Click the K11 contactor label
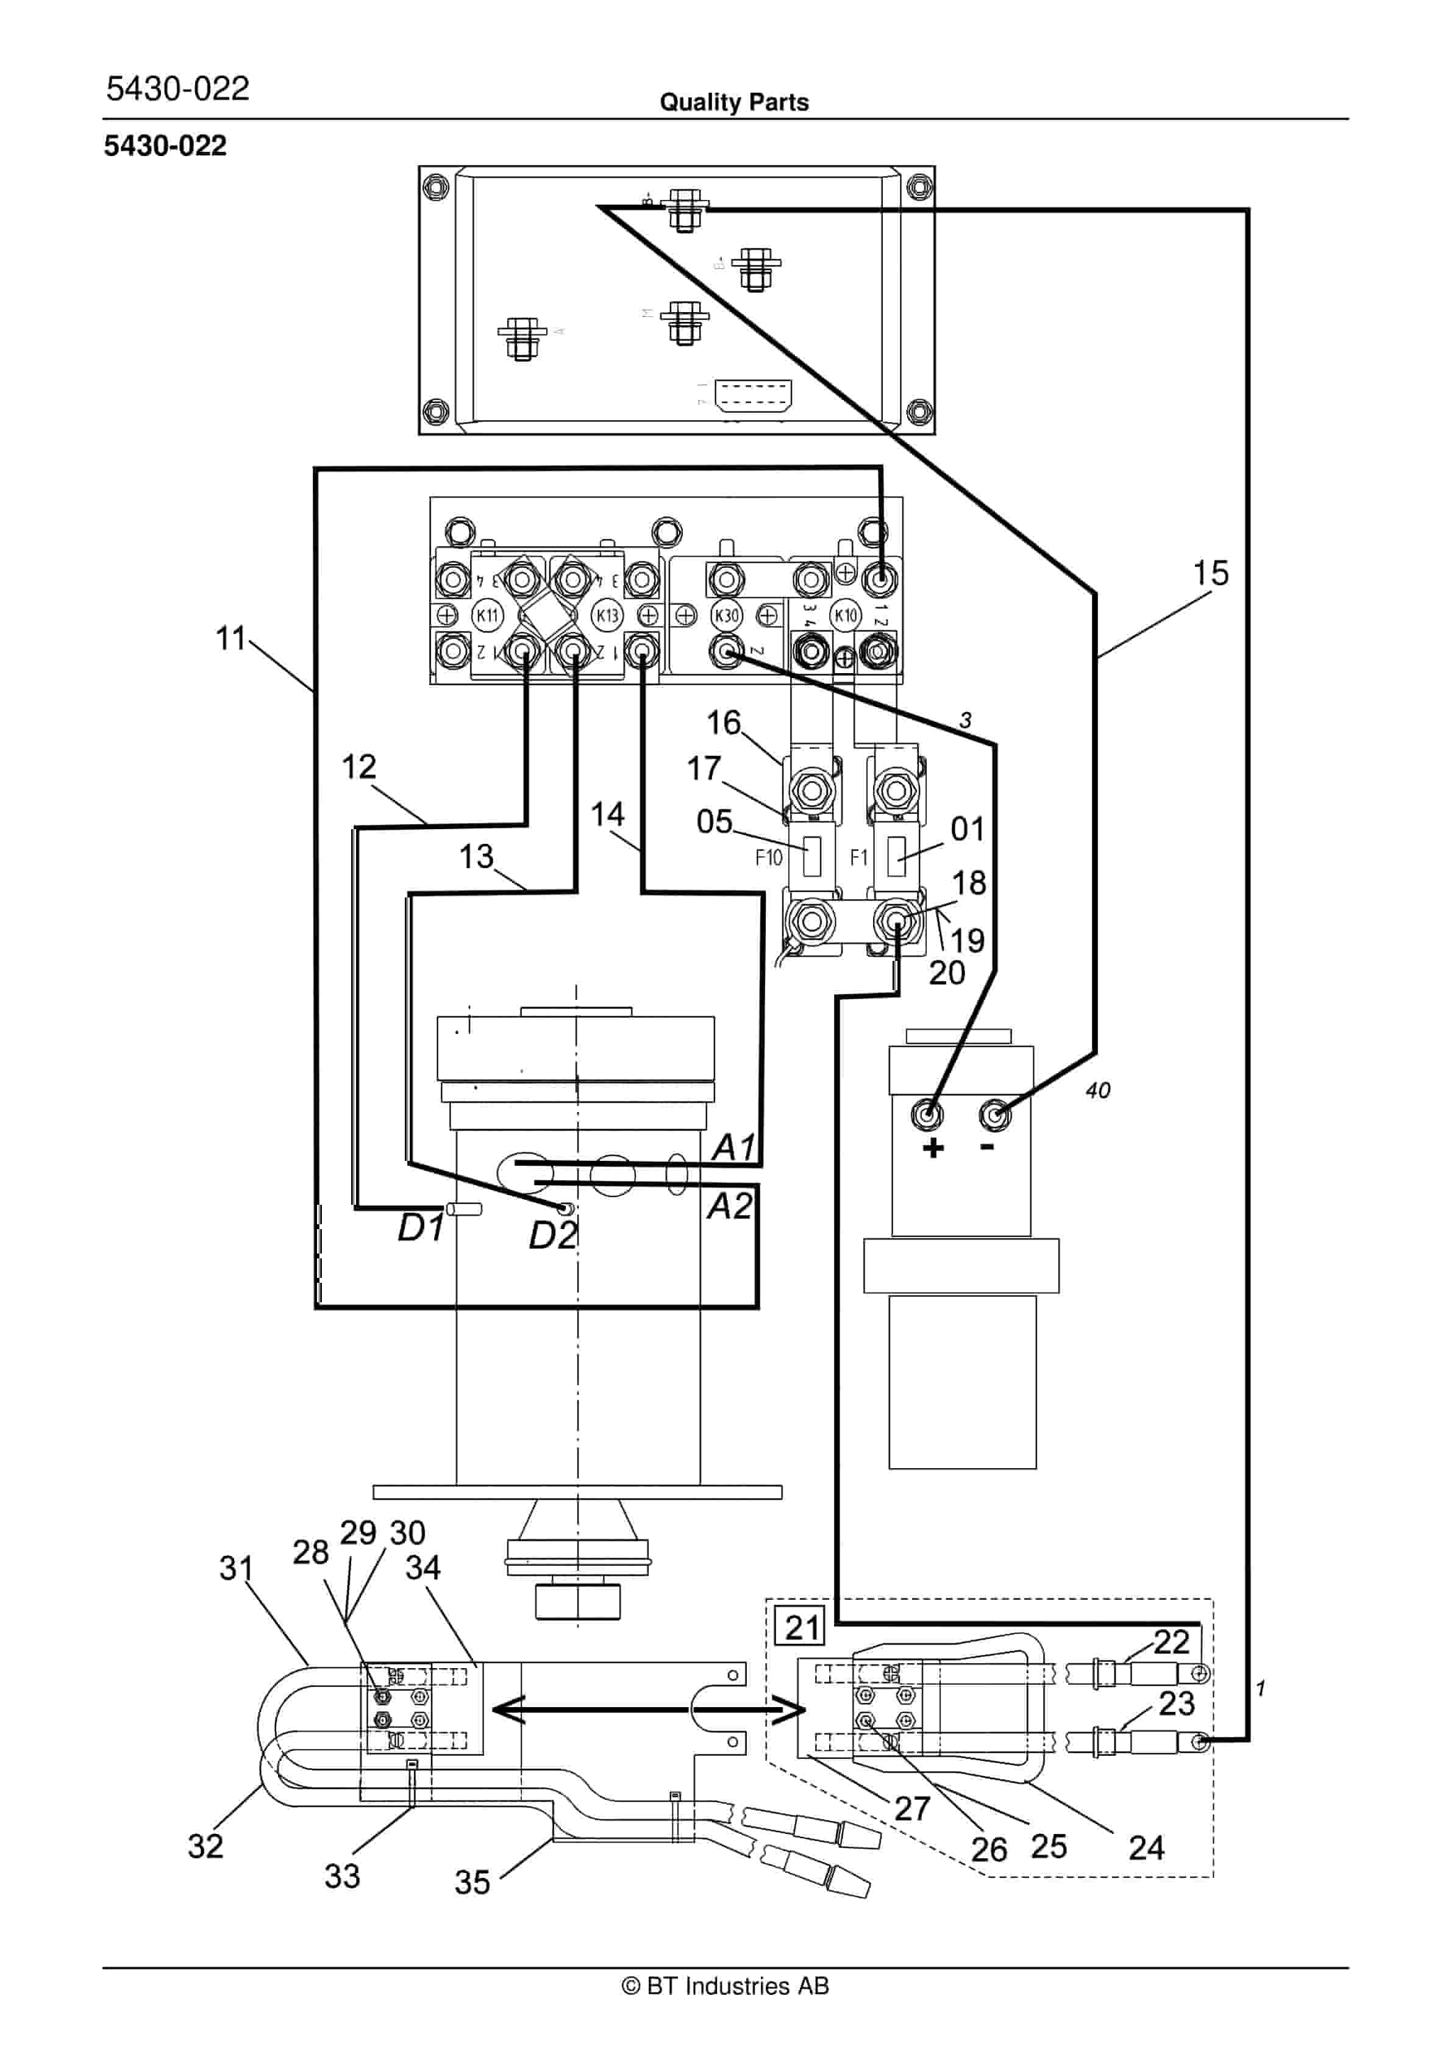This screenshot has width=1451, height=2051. click(488, 615)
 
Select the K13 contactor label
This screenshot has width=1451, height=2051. click(608, 615)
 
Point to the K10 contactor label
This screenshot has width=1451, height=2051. click(845, 615)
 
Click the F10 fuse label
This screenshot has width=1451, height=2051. click(768, 858)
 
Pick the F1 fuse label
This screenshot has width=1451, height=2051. click(858, 858)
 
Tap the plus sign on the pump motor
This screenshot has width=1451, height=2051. click(933, 1148)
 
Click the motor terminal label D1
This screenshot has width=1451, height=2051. click(420, 1229)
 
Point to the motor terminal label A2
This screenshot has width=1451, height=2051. click(730, 1206)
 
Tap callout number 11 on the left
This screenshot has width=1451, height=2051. click(230, 639)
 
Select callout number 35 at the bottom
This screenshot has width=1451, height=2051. click(472, 1882)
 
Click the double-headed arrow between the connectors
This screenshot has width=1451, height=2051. click(647, 1711)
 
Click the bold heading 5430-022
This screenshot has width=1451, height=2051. click(165, 146)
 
